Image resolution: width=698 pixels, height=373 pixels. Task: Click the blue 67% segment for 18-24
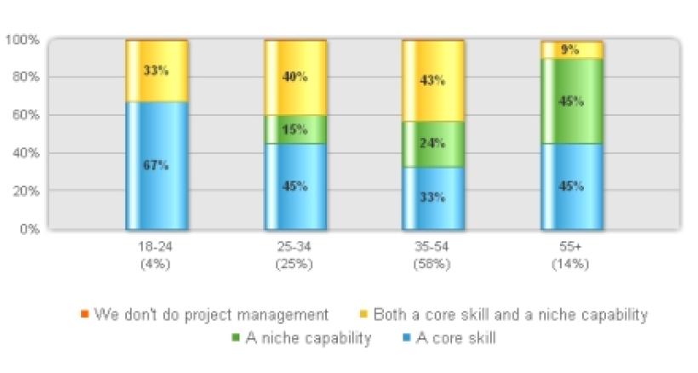157,165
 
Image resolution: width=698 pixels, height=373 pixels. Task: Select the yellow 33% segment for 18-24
157,72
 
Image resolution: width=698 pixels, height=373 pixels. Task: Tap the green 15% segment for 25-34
295,129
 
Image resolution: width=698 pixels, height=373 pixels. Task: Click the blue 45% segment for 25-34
295,186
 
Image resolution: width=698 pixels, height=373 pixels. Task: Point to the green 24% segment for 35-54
432,144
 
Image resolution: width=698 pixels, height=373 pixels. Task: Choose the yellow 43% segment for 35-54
432,81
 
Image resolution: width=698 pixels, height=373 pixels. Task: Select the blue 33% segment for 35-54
432,198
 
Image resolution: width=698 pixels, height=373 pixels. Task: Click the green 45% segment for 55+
570,101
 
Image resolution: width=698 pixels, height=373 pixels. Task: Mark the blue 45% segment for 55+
570,186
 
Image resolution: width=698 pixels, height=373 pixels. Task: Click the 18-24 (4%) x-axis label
157,255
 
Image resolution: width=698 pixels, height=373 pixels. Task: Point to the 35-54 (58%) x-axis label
432,255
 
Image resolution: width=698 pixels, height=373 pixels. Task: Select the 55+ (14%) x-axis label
570,255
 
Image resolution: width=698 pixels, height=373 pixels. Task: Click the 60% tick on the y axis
22,115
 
